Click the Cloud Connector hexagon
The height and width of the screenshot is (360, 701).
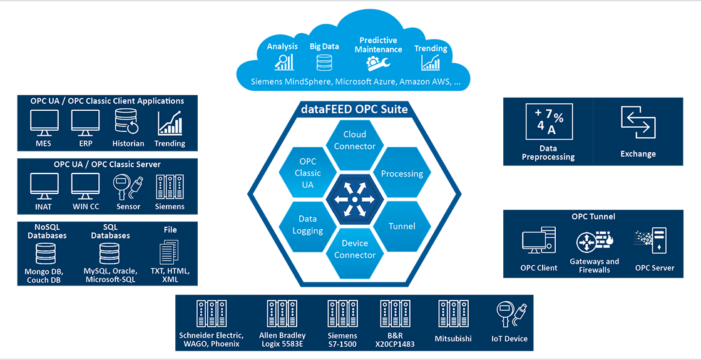pyautogui.click(x=354, y=141)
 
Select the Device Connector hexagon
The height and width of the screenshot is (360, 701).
pyautogui.click(x=354, y=249)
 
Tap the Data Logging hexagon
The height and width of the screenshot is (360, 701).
pyautogui.click(x=307, y=225)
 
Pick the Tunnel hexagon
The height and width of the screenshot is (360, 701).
pyautogui.click(x=401, y=225)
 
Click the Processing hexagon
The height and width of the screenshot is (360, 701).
pyautogui.click(x=402, y=173)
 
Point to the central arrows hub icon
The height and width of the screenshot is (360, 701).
pyautogui.click(x=354, y=198)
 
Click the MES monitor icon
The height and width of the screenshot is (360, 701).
pyautogui.click(x=44, y=123)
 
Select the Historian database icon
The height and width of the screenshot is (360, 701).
pyautogui.click(x=129, y=123)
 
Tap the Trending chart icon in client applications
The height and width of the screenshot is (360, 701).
pyautogui.click(x=170, y=123)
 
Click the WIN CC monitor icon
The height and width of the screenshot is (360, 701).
pyautogui.click(x=86, y=186)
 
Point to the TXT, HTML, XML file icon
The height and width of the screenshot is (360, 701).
pyautogui.click(x=170, y=252)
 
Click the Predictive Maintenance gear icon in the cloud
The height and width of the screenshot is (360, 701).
pyautogui.click(x=379, y=63)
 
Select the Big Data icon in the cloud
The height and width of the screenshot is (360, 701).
pyautogui.click(x=324, y=62)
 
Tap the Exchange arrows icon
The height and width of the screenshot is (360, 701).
pyautogui.click(x=638, y=123)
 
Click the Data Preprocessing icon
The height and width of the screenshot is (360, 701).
pyautogui.click(x=549, y=122)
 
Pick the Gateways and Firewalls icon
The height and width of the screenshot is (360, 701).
pyautogui.click(x=594, y=242)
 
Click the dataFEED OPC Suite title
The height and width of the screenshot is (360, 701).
pyautogui.click(x=354, y=110)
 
